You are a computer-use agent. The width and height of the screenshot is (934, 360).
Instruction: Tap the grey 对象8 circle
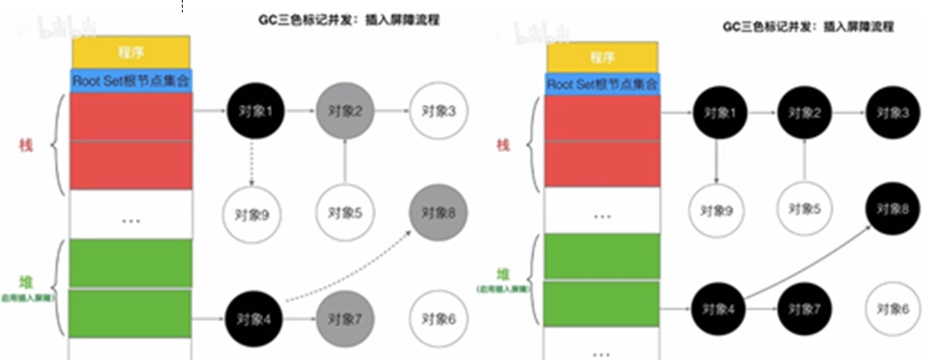[x=438, y=212]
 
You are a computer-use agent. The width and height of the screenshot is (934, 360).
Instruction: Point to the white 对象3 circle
[x=438, y=112]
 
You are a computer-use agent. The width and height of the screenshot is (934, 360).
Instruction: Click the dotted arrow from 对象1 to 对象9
[x=252, y=161]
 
